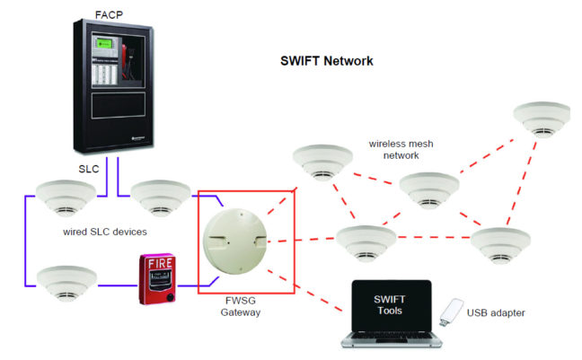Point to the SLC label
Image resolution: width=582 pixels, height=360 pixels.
coord(89,169)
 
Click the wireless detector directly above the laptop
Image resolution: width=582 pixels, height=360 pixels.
coord(364,240)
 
